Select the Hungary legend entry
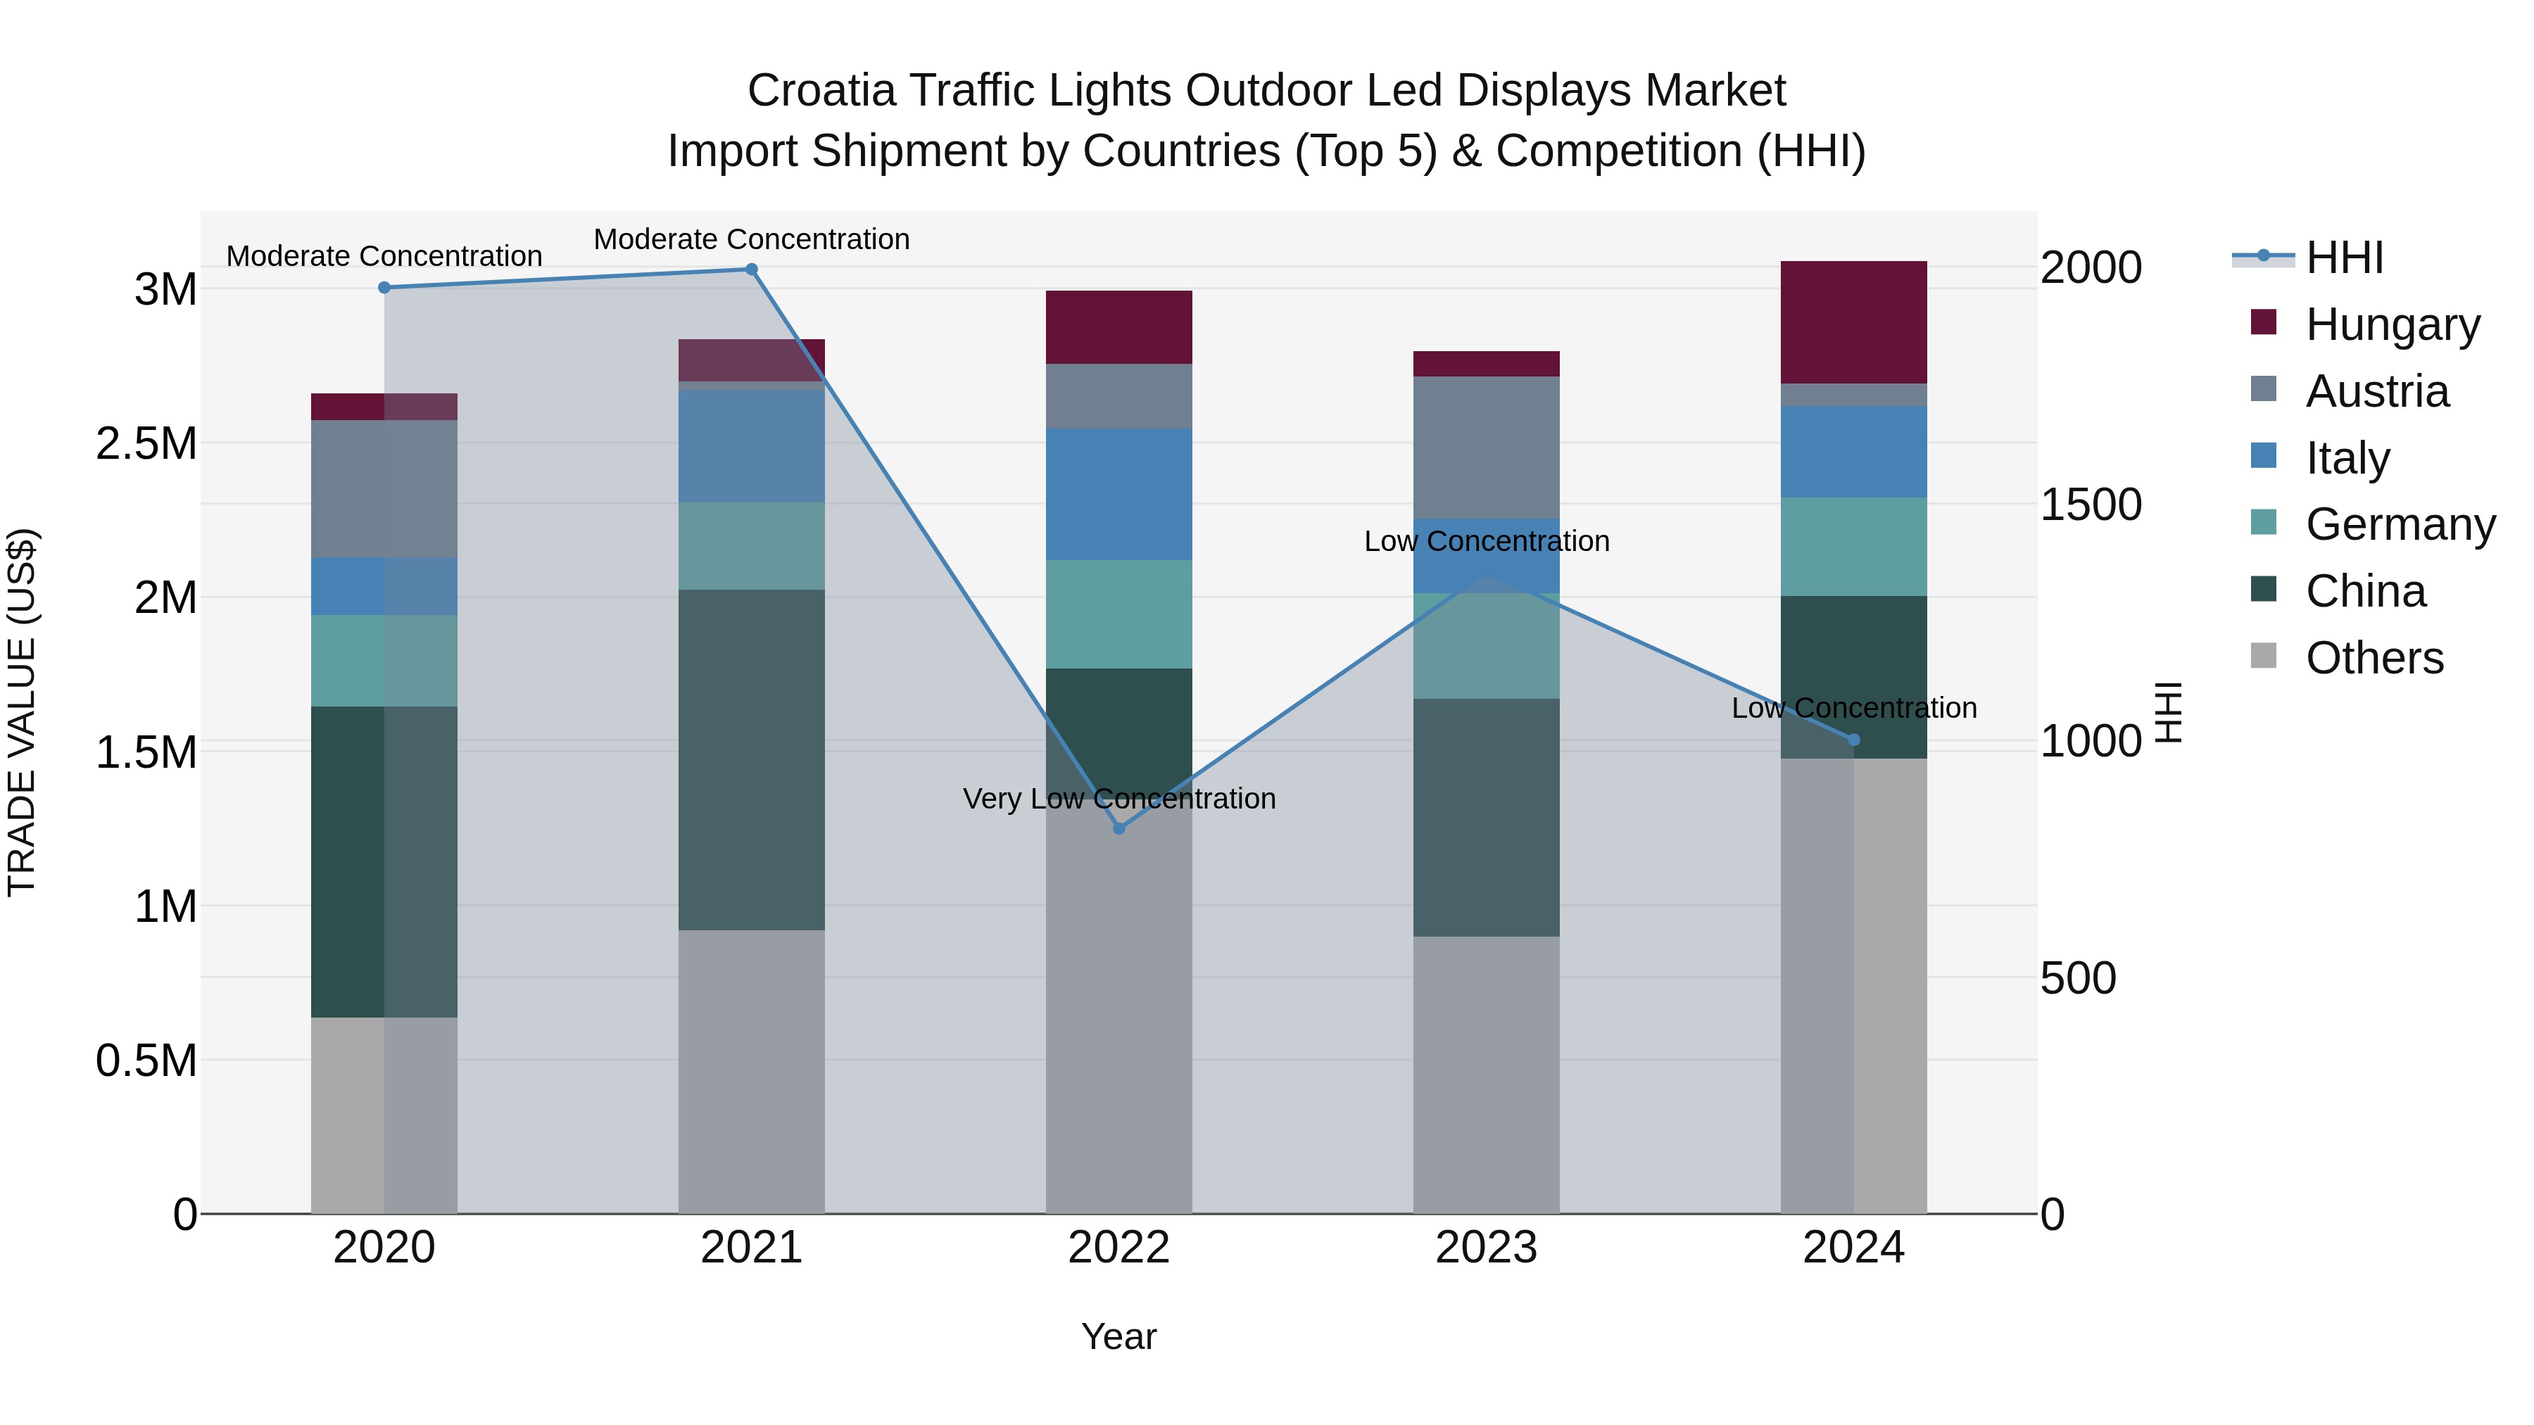pyautogui.click(x=2391, y=324)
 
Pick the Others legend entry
pyautogui.click(x=2373, y=657)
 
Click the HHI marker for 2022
pyautogui.click(x=1118, y=829)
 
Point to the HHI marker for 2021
pyautogui.click(x=752, y=270)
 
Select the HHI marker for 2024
pyautogui.click(x=1853, y=740)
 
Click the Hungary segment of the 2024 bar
pyautogui.click(x=1853, y=322)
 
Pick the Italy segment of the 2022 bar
pyautogui.click(x=1118, y=494)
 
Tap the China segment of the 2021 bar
pyautogui.click(x=752, y=759)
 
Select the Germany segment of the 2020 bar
pyautogui.click(x=384, y=660)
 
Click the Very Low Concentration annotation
pyautogui.click(x=1118, y=799)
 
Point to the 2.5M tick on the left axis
pyautogui.click(x=146, y=443)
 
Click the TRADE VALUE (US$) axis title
pyautogui.click(x=22, y=712)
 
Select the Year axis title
pyautogui.click(x=1118, y=1336)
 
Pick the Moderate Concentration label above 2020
pyautogui.click(x=384, y=255)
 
